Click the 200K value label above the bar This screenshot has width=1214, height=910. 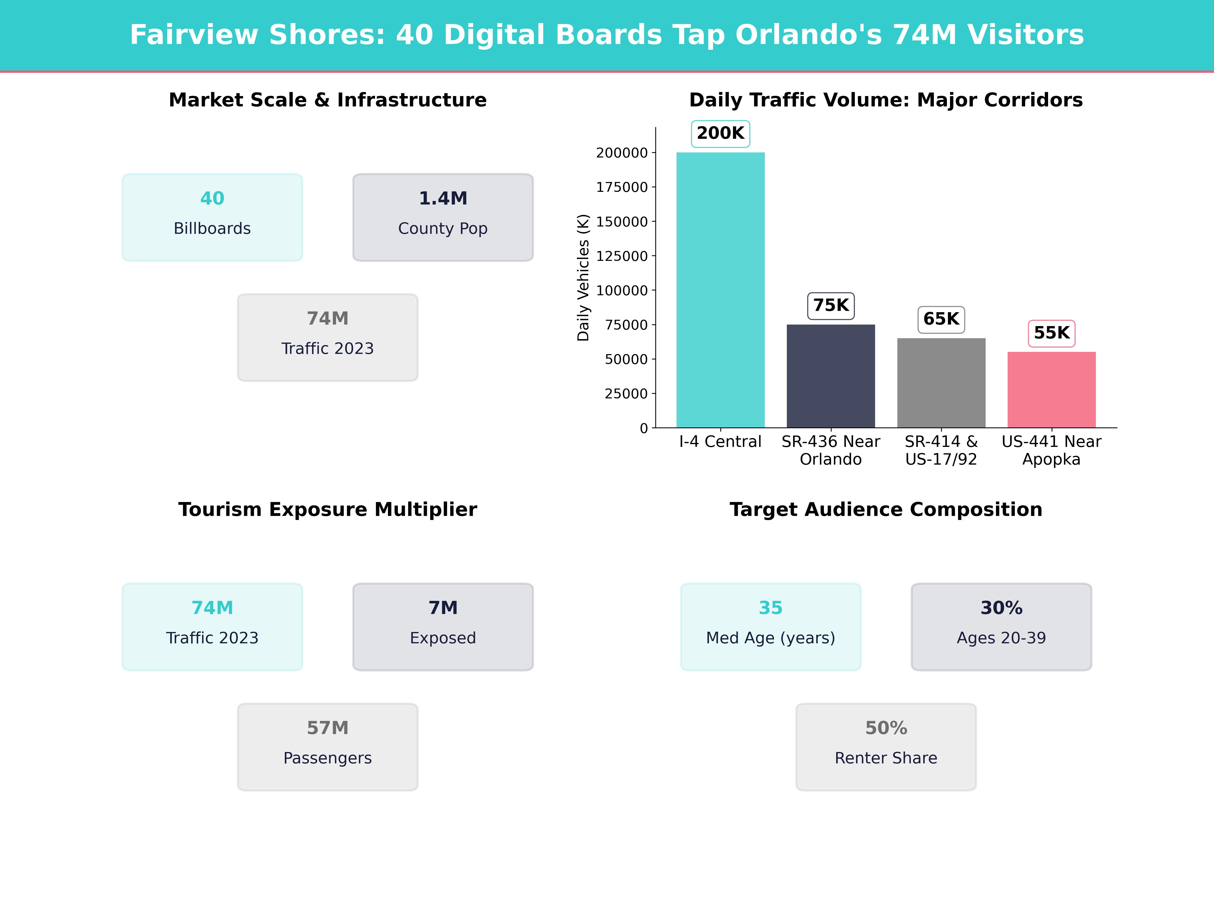[720, 133]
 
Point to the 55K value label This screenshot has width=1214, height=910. [1051, 333]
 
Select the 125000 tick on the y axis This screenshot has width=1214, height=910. [622, 256]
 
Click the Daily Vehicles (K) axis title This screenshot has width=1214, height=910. [583, 278]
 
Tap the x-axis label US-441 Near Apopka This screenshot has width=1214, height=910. [1051, 450]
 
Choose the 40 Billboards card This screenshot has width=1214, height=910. [212, 217]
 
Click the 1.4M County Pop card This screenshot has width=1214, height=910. [443, 217]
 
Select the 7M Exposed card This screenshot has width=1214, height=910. [443, 626]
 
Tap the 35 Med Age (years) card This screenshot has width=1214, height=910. [771, 626]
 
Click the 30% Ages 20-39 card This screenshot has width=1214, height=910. [1001, 626]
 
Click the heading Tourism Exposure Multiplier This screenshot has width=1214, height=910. [328, 510]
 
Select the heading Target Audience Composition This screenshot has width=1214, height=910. [886, 510]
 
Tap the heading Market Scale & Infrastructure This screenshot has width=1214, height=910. [328, 100]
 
